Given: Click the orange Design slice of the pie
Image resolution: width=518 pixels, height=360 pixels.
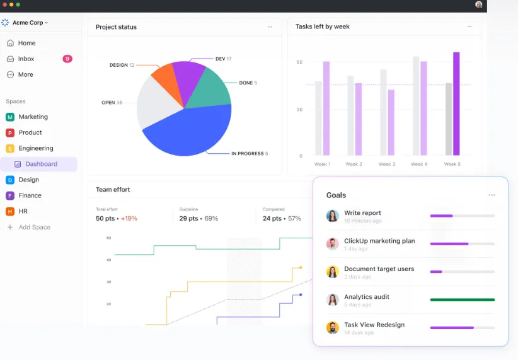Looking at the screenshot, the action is (x=166, y=82).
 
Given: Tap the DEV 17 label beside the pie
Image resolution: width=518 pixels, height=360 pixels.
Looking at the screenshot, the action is (x=223, y=59).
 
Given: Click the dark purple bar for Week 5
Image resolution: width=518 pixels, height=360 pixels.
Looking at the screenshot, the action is (x=456, y=104).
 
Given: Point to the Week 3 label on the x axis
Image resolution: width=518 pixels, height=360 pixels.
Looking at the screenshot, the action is (x=387, y=164).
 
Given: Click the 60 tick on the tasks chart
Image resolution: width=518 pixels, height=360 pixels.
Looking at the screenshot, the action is (x=299, y=62).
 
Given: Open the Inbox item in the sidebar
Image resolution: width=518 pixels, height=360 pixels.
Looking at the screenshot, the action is (x=26, y=59).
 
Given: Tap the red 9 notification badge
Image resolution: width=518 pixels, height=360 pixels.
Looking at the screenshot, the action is (x=67, y=59).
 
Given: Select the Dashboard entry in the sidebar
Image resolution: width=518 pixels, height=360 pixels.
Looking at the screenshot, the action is (x=42, y=164).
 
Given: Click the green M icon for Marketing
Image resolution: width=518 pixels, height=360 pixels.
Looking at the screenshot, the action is (x=10, y=117).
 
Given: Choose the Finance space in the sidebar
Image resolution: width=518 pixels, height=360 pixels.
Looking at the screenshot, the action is (x=30, y=195).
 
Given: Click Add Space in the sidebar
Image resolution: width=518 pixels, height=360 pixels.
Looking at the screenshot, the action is (x=35, y=227).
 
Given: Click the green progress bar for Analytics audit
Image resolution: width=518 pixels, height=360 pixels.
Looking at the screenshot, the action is (x=463, y=300).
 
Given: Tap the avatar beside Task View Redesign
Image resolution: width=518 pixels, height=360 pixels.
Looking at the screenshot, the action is (x=333, y=328).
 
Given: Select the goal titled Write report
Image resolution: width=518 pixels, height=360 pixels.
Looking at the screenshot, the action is (x=362, y=213).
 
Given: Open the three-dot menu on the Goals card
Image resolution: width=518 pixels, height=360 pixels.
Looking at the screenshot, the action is (x=492, y=195).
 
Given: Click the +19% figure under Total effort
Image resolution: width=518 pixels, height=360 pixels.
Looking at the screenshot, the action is (x=129, y=219).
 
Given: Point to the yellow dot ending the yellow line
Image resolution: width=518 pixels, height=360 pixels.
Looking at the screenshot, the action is (x=301, y=267).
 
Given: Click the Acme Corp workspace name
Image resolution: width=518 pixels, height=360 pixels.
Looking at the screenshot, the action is (x=28, y=23).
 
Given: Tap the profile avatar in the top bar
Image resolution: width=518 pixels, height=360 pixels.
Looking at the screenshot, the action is (x=479, y=4).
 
